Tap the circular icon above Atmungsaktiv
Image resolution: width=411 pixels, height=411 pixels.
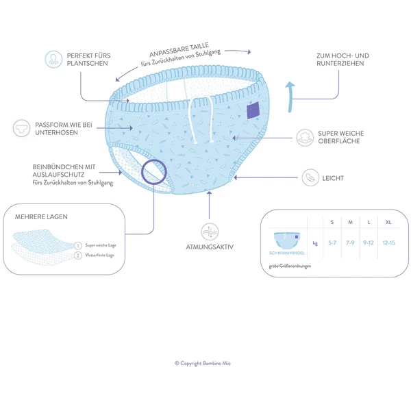(x=206, y=230)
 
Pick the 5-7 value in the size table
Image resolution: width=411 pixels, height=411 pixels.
(x=332, y=243)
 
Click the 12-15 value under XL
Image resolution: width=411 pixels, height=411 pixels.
(x=388, y=243)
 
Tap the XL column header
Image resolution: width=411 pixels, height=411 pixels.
(x=388, y=222)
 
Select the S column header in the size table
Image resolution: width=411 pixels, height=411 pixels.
(x=332, y=222)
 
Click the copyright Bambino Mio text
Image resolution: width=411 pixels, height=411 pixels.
(x=205, y=364)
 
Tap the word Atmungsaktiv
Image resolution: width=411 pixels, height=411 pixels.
(x=206, y=246)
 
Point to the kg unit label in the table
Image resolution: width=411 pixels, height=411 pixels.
(x=314, y=243)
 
